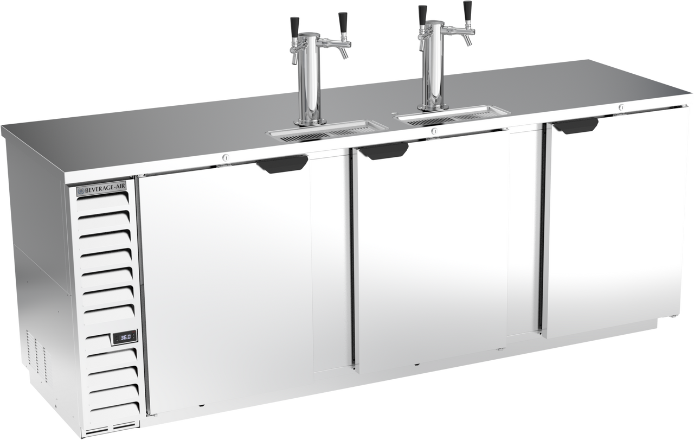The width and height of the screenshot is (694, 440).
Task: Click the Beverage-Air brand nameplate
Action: [x=101, y=190]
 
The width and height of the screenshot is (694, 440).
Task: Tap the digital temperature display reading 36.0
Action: [x=124, y=337]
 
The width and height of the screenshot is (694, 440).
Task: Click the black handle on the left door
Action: [x=282, y=164]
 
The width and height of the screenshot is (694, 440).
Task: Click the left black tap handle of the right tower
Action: [x=422, y=16]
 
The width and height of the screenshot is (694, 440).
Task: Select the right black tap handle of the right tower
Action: [x=467, y=11]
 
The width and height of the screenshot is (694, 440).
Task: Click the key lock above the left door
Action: [x=226, y=158]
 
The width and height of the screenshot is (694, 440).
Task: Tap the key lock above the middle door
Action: [x=435, y=131]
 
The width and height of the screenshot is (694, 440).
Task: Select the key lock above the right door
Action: [x=621, y=107]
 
